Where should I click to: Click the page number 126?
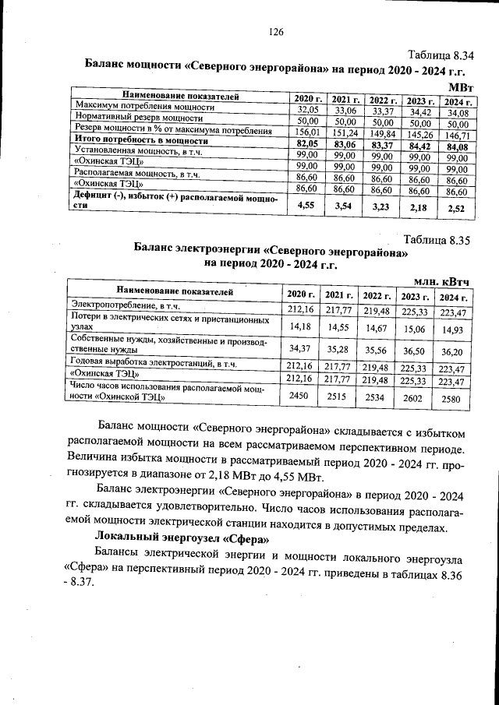(x=274, y=32)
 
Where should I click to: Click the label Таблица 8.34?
(x=441, y=55)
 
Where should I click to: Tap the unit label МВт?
(x=461, y=85)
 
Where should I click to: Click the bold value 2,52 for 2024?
(x=457, y=208)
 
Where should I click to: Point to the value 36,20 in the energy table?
(x=452, y=351)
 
